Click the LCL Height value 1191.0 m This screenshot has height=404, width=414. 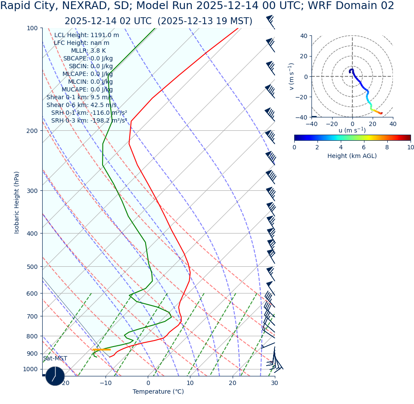(87, 35)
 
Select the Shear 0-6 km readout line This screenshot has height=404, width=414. (81, 105)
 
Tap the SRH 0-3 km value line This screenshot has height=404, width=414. (89, 121)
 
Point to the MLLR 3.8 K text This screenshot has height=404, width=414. (88, 51)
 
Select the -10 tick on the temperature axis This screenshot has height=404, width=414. (106, 383)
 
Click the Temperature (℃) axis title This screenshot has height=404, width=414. (158, 392)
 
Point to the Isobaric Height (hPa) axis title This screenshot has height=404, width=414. (17, 202)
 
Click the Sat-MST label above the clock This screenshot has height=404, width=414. (55, 359)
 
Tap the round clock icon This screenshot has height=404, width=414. (55, 376)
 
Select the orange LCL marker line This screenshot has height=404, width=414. (102, 350)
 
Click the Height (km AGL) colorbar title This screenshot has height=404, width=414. (352, 156)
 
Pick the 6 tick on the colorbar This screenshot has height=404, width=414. (364, 147)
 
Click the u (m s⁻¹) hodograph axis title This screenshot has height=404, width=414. (352, 130)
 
